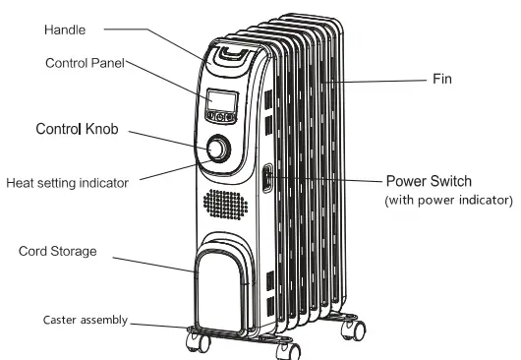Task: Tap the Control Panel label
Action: (x=86, y=63)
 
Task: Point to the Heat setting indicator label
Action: (x=67, y=182)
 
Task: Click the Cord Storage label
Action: (x=58, y=251)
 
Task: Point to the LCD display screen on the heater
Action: (x=220, y=98)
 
